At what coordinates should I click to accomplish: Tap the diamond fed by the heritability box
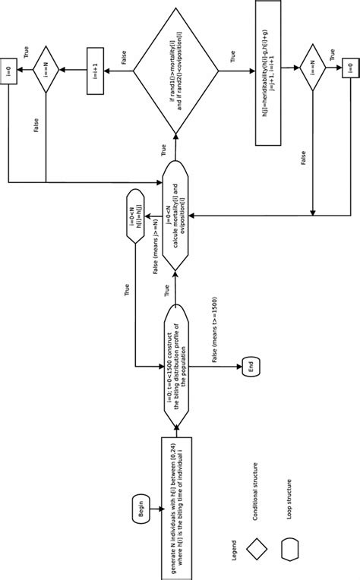[312, 73]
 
